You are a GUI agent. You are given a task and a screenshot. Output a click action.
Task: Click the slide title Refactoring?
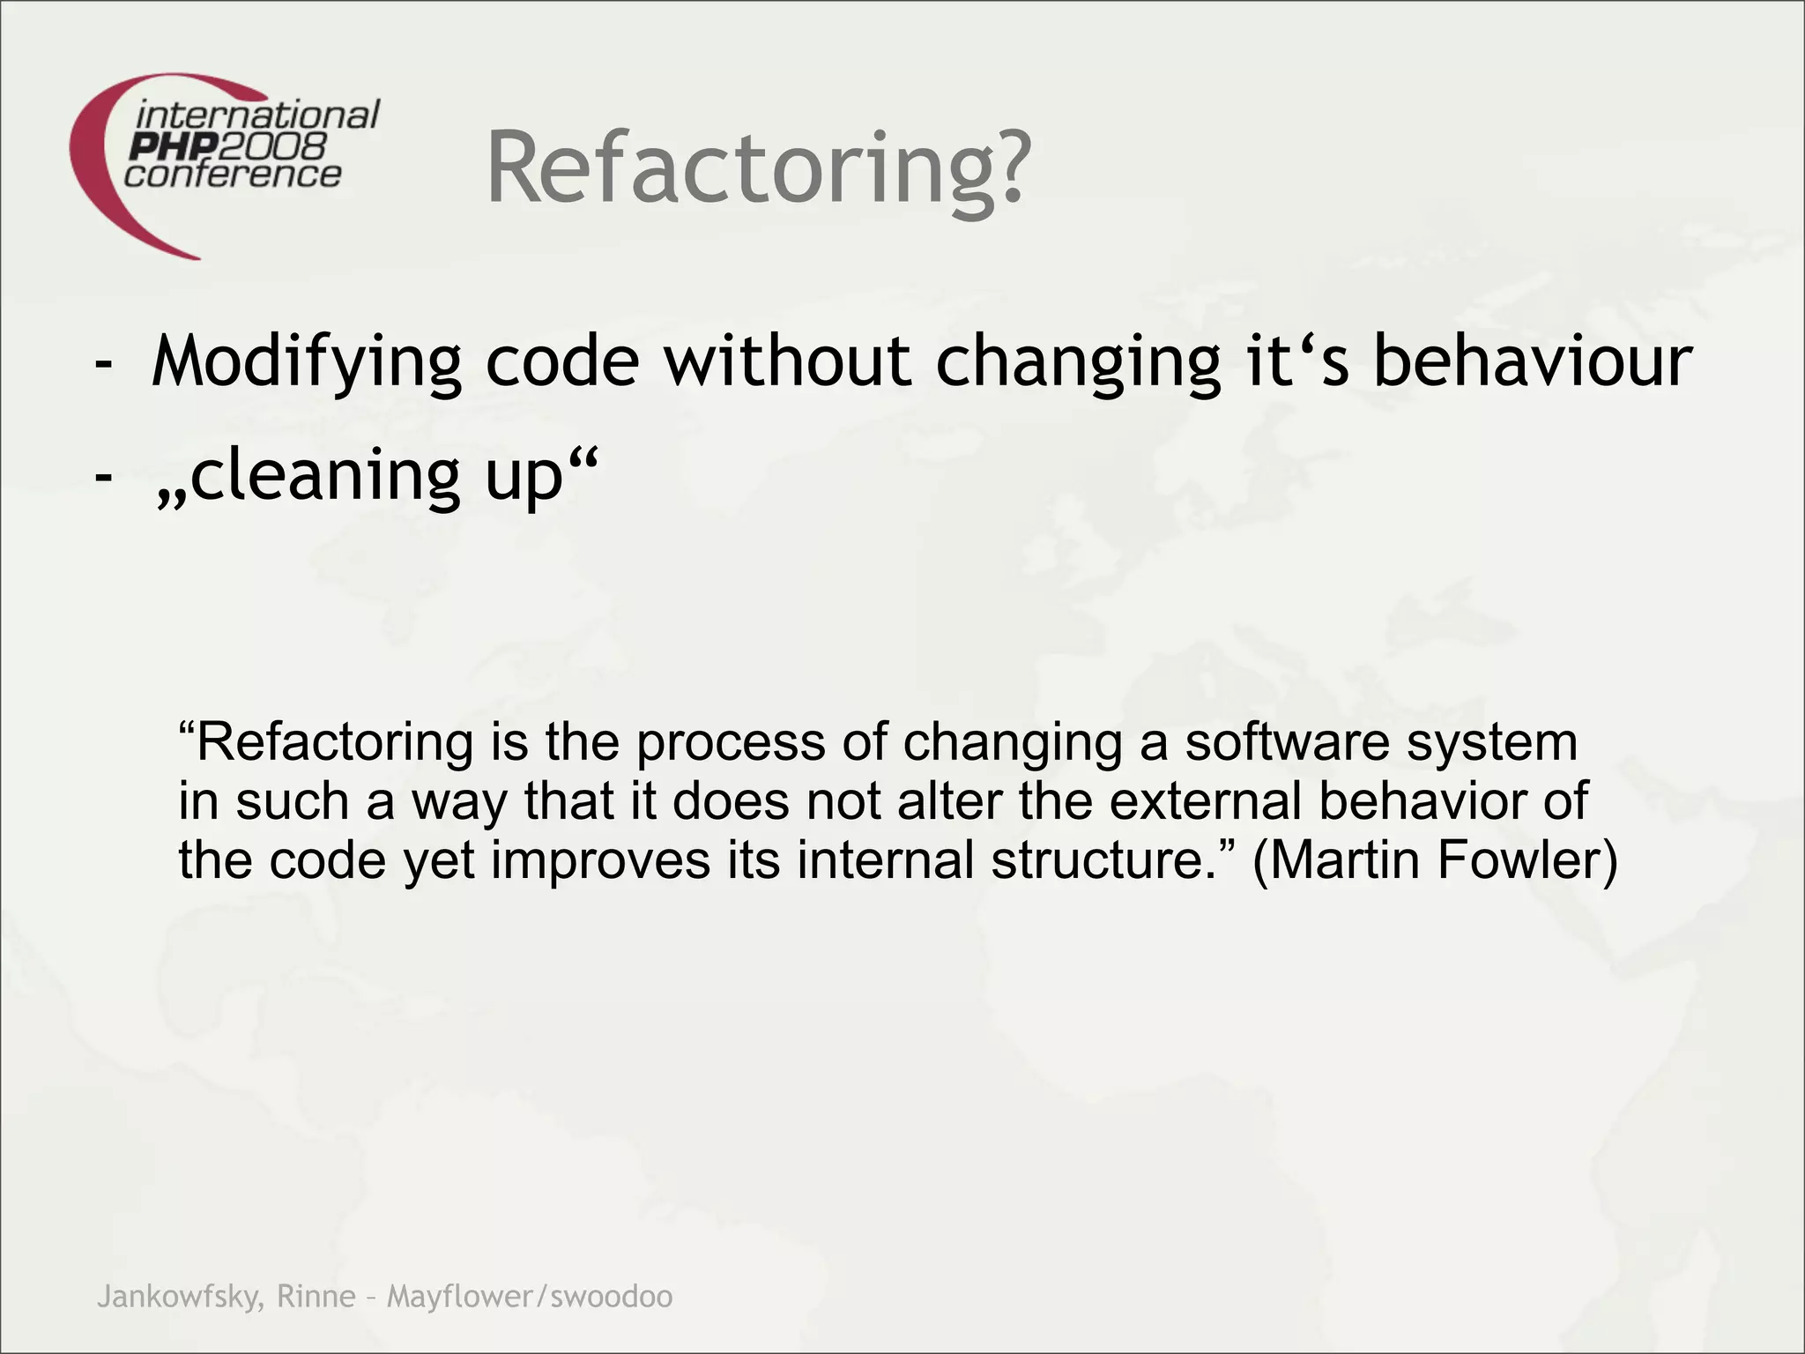pos(757,167)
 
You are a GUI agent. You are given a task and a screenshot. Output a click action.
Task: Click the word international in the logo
pos(258,115)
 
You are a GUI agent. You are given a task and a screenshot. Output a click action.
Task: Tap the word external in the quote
pos(1205,801)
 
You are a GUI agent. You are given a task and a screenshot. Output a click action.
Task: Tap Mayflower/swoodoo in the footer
pos(530,1297)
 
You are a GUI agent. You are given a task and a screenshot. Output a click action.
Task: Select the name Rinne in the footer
pos(316,1297)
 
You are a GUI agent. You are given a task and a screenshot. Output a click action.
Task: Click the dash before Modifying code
pos(104,363)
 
